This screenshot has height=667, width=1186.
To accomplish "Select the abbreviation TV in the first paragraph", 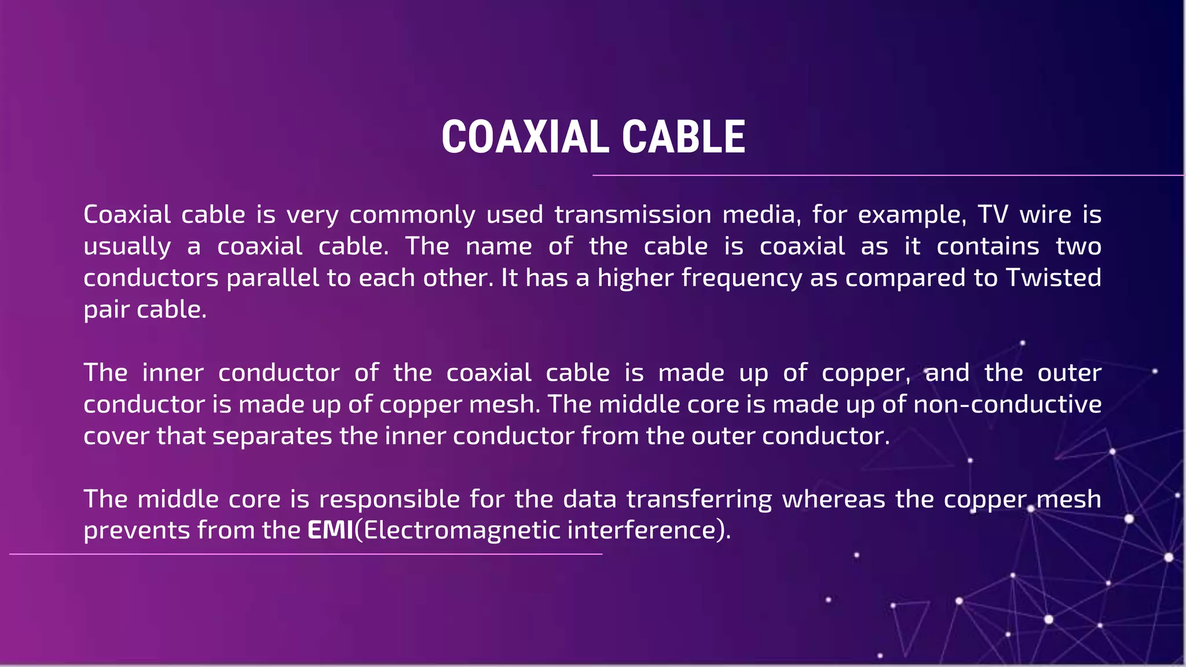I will click(993, 215).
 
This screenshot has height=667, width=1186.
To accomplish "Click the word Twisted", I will click(1053, 278).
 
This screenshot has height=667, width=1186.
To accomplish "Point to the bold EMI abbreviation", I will click(330, 530).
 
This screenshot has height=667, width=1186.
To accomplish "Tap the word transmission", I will click(632, 215).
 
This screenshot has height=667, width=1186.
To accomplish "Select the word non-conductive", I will click(1007, 404).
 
